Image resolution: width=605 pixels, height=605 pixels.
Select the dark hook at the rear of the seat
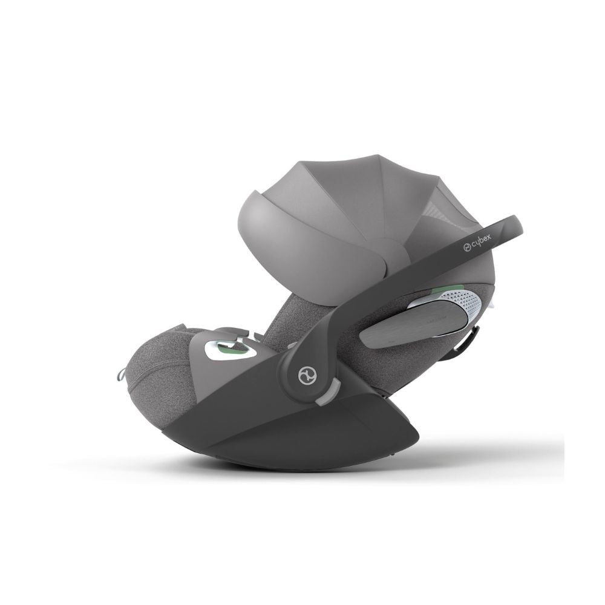pos(469,339)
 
